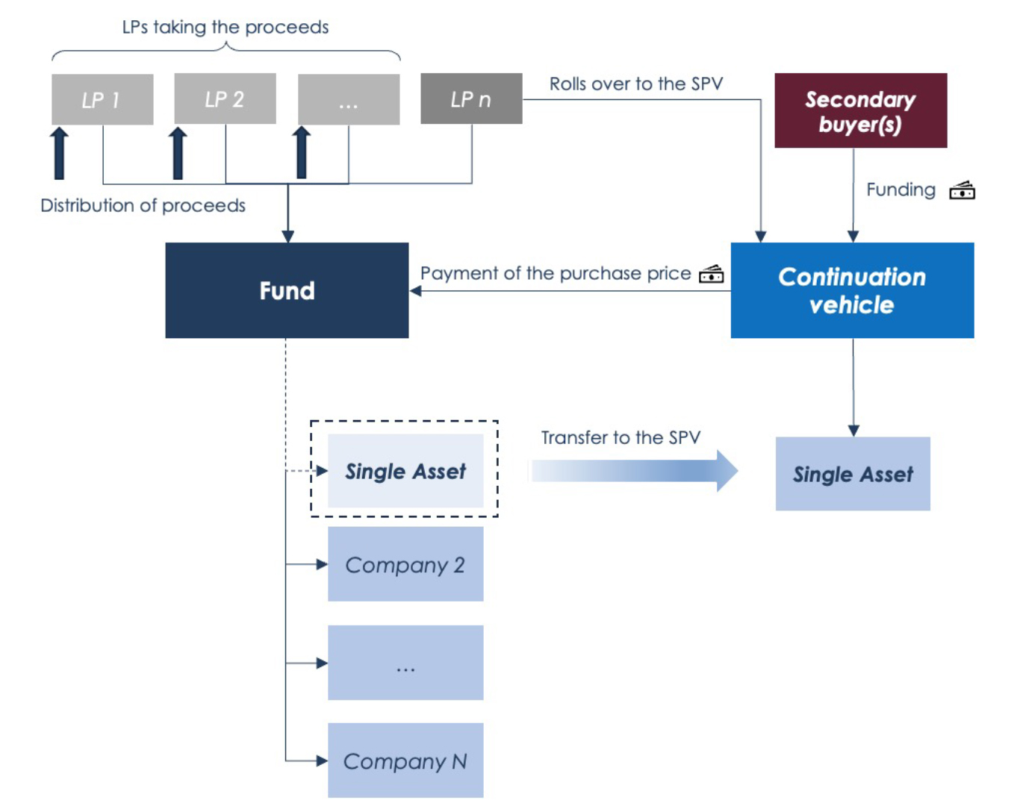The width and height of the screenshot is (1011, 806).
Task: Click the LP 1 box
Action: pyautogui.click(x=102, y=99)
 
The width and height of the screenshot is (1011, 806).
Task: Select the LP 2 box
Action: pyautogui.click(x=225, y=99)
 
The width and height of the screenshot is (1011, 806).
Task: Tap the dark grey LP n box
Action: pyautogui.click(x=471, y=99)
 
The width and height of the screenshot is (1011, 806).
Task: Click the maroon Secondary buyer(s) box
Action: pyautogui.click(x=860, y=110)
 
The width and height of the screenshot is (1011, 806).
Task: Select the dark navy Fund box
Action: pyautogui.click(x=287, y=290)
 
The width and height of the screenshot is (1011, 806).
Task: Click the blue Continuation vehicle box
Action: pyautogui.click(x=852, y=290)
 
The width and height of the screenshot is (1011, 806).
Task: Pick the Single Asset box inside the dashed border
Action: pyautogui.click(x=405, y=471)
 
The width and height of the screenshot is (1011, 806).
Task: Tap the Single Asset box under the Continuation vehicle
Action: pyautogui.click(x=853, y=474)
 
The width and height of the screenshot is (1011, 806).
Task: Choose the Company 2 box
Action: pyautogui.click(x=405, y=564)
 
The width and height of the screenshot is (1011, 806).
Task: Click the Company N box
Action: pyautogui.click(x=405, y=760)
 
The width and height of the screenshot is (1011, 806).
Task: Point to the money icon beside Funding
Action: pyautogui.click(x=962, y=191)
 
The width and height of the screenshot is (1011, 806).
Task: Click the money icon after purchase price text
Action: pyautogui.click(x=711, y=275)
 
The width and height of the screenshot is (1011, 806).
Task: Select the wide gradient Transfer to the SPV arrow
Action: pyautogui.click(x=634, y=471)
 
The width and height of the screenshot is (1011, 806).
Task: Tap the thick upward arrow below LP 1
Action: pyautogui.click(x=59, y=153)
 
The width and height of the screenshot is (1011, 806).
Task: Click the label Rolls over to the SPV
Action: pyautogui.click(x=636, y=84)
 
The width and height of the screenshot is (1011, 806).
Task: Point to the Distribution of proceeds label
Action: pyautogui.click(x=143, y=205)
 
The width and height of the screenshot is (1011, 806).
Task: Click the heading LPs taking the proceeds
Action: pyautogui.click(x=225, y=28)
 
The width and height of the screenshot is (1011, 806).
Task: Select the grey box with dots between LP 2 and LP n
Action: pyautogui.click(x=349, y=99)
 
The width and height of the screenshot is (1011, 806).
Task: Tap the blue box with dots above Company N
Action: pyautogui.click(x=405, y=663)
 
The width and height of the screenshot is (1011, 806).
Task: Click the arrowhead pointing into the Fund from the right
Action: pyautogui.click(x=416, y=291)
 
